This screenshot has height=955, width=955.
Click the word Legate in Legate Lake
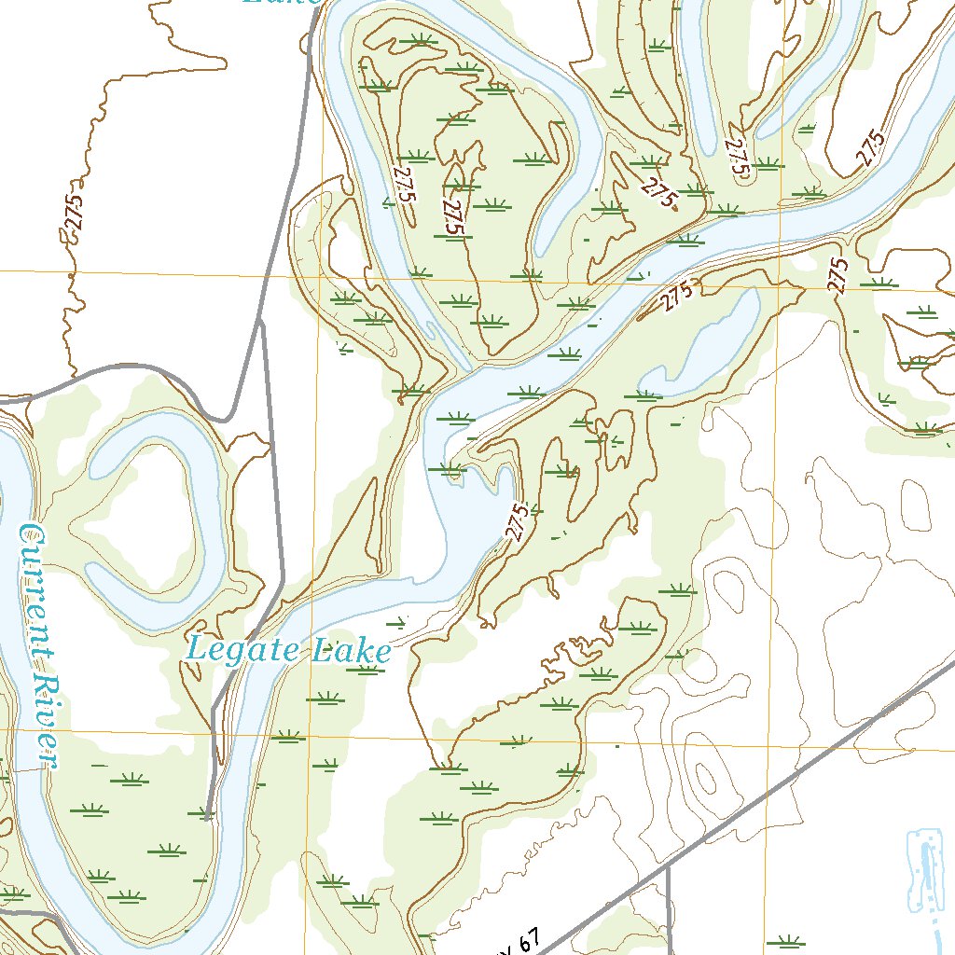point(243,649)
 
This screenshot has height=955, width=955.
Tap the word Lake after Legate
point(351,651)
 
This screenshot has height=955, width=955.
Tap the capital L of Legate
point(197,648)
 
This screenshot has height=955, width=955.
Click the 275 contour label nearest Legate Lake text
point(519,521)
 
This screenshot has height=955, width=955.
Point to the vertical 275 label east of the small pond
point(839,275)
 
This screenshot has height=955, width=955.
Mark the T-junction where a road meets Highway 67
point(669,866)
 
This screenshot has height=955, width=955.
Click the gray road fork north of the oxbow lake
point(260,320)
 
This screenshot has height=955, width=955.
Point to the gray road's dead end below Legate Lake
point(206,819)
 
